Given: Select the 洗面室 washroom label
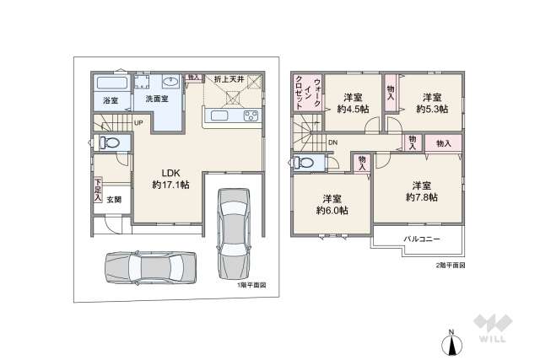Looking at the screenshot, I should point(156,99).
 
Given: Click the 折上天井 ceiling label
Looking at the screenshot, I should point(229,79).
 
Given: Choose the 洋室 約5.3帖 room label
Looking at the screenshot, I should point(432,102).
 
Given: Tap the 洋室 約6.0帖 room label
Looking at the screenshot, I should point(332,204).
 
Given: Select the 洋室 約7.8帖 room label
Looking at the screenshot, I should point(421,191).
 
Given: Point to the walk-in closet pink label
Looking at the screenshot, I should point(299,93).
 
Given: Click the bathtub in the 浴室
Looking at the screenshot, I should point(111,84).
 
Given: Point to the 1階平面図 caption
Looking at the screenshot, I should point(251,285).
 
